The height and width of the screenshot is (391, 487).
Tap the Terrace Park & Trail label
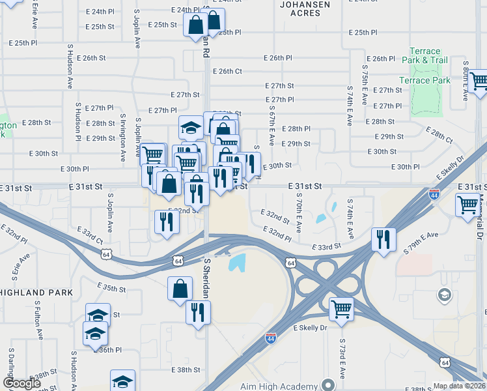point(429,56)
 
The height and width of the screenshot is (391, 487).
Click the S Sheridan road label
point(207,278)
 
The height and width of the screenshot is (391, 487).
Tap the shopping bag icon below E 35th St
point(180,287)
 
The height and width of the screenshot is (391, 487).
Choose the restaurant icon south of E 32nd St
point(165,222)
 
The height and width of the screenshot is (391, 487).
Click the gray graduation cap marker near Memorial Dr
point(445,295)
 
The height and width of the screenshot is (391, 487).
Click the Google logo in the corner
point(21,383)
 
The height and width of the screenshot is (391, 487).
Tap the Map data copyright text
point(460,386)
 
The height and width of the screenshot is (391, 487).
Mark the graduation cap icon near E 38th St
point(122,382)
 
